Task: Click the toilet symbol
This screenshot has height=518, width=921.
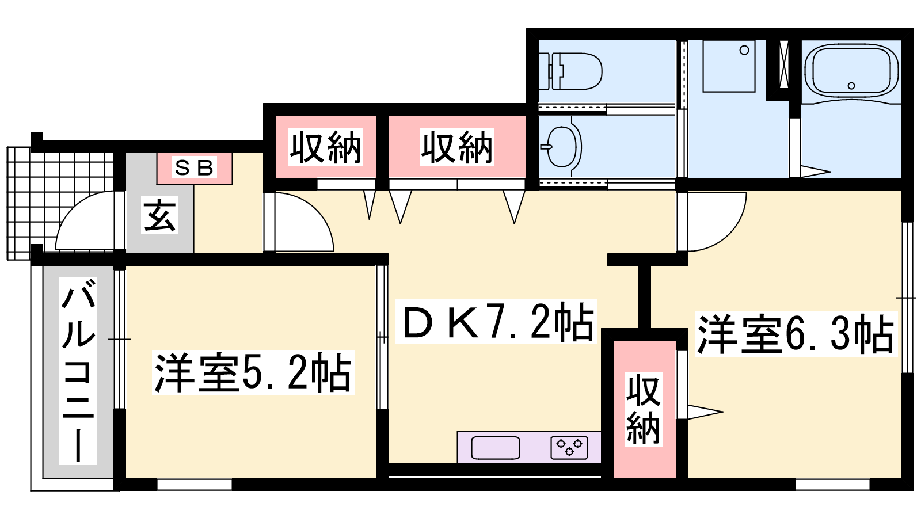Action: click(570, 71)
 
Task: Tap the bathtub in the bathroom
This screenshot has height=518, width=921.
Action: click(851, 71)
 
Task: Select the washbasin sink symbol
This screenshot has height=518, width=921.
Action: click(562, 147)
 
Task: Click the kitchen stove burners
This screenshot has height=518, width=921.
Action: click(569, 448)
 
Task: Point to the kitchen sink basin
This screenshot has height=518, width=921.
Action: click(496, 448)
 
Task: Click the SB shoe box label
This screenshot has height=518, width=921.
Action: click(194, 167)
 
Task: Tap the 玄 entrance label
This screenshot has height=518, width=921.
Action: click(159, 215)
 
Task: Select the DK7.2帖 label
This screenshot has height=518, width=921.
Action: click(496, 322)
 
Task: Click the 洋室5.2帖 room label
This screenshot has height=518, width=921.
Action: click(253, 372)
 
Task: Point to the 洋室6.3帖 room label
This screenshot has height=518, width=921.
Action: click(796, 334)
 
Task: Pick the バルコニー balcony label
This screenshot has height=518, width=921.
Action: click(78, 371)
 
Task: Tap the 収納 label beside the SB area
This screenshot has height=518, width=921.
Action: click(326, 147)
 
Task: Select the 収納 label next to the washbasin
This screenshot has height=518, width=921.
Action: click(457, 147)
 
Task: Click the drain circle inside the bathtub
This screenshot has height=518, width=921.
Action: click(851, 86)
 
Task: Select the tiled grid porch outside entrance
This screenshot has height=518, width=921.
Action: click(60, 203)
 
